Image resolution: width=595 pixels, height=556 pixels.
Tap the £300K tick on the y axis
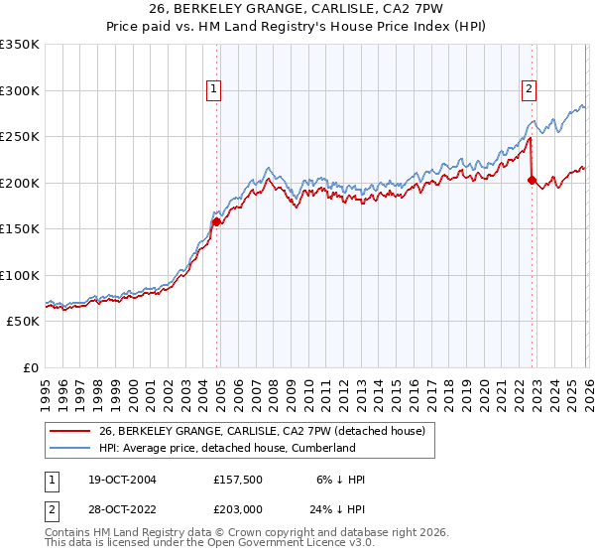tap(20, 90)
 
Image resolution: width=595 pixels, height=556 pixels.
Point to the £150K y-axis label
tap(20, 229)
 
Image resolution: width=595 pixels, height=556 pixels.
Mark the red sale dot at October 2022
tap(533, 180)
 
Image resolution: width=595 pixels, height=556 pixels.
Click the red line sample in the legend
tap(69, 431)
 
